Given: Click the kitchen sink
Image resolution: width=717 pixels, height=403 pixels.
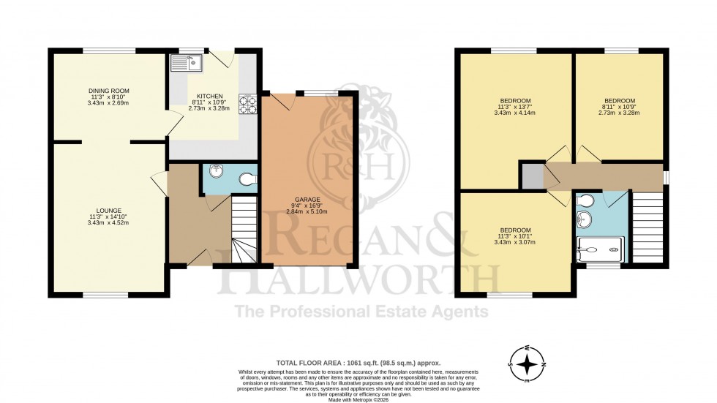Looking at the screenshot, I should (x=187, y=63).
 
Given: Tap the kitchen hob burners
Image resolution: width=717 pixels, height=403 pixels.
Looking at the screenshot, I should (x=245, y=107).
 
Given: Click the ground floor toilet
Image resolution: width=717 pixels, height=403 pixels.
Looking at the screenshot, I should (x=247, y=178).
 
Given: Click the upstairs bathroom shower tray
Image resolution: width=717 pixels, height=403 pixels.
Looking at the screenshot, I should (x=601, y=250).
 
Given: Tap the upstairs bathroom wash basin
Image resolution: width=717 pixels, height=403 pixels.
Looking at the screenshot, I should (x=584, y=219).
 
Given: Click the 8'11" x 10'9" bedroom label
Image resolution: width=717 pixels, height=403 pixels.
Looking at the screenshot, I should (x=619, y=107).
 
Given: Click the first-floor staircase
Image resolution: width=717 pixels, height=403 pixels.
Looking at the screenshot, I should (x=647, y=227).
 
